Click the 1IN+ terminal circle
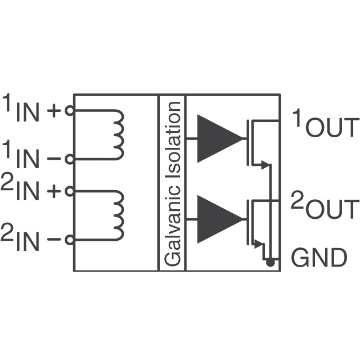69,111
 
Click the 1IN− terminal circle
69,159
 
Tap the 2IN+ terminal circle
69,191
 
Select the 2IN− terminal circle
69,240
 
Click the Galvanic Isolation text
172,183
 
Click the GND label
318,258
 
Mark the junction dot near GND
270,262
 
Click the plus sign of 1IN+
53,111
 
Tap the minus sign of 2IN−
53,240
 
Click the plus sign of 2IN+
53,191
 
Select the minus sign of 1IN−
53,159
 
